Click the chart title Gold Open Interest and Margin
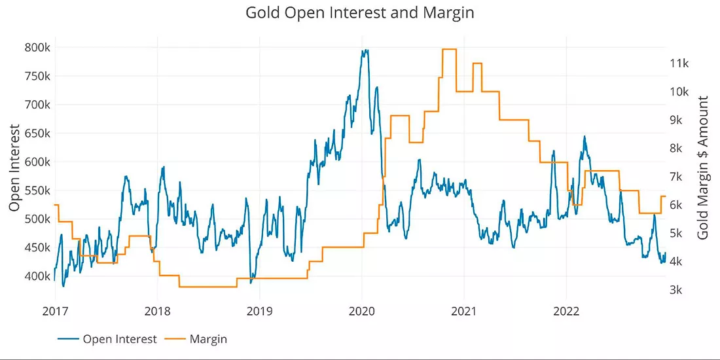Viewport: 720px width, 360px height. [359, 12]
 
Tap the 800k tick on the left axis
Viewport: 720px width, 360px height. [37, 48]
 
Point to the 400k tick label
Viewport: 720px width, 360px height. [37, 276]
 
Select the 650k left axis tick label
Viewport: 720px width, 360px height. [37, 134]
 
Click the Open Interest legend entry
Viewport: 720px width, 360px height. [108, 339]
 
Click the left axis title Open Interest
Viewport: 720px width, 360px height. [15, 168]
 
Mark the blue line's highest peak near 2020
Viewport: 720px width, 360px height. [365, 50]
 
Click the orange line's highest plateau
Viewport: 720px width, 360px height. [449, 49]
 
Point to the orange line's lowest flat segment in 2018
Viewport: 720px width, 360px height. [208, 287]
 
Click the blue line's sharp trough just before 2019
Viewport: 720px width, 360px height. [251, 282]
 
